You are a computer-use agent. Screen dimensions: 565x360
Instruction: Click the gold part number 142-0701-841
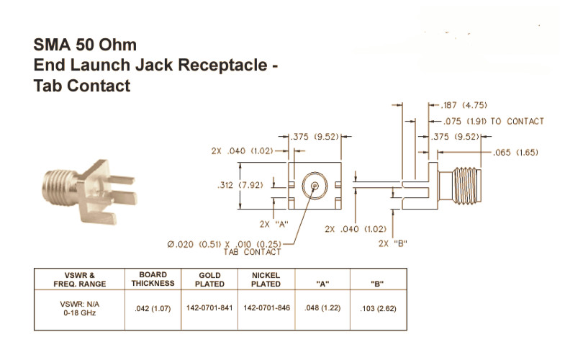pos(209,308)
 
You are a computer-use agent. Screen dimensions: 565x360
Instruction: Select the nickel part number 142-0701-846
pos(266,308)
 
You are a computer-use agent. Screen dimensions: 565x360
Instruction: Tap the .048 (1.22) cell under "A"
pos(322,308)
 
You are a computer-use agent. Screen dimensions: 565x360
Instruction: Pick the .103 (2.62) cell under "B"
pos(378,308)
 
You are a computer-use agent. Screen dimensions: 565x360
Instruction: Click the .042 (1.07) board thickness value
pos(153,308)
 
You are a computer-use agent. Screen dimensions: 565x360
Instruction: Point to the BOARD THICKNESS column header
pos(153,279)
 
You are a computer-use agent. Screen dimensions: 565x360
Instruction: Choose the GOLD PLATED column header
pos(209,279)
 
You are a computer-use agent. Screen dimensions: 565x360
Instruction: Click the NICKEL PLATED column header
pos(266,279)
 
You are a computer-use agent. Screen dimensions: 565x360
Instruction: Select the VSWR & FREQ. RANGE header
pos(80,279)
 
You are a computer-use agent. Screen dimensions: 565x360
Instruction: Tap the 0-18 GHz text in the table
pos(80,312)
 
